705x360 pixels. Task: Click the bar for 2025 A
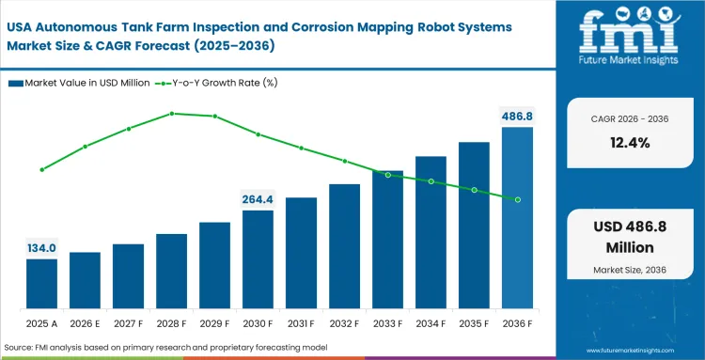41,284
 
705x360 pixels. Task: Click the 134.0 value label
41,248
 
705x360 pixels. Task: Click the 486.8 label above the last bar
517,116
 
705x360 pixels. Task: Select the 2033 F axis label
387,323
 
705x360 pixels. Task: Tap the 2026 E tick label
85,323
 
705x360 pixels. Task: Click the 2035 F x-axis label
474,323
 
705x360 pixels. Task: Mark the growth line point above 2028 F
172,114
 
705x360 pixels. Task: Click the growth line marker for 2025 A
42,170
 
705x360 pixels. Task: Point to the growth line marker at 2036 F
517,199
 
